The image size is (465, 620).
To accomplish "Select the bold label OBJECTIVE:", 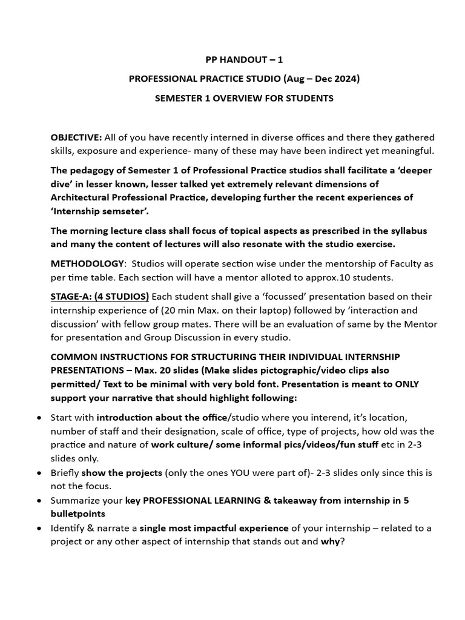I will click(x=76, y=137).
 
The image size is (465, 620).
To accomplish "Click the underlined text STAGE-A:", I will click(x=70, y=296).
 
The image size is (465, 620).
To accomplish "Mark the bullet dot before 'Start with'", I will click(x=39, y=418).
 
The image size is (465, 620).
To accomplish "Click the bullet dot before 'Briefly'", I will click(x=39, y=472).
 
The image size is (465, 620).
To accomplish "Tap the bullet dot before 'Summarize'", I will click(x=39, y=500).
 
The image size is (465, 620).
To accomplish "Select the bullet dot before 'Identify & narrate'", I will click(x=39, y=528).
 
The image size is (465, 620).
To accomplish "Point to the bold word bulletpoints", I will click(x=77, y=513).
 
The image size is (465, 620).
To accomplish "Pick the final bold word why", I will click(x=331, y=541).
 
